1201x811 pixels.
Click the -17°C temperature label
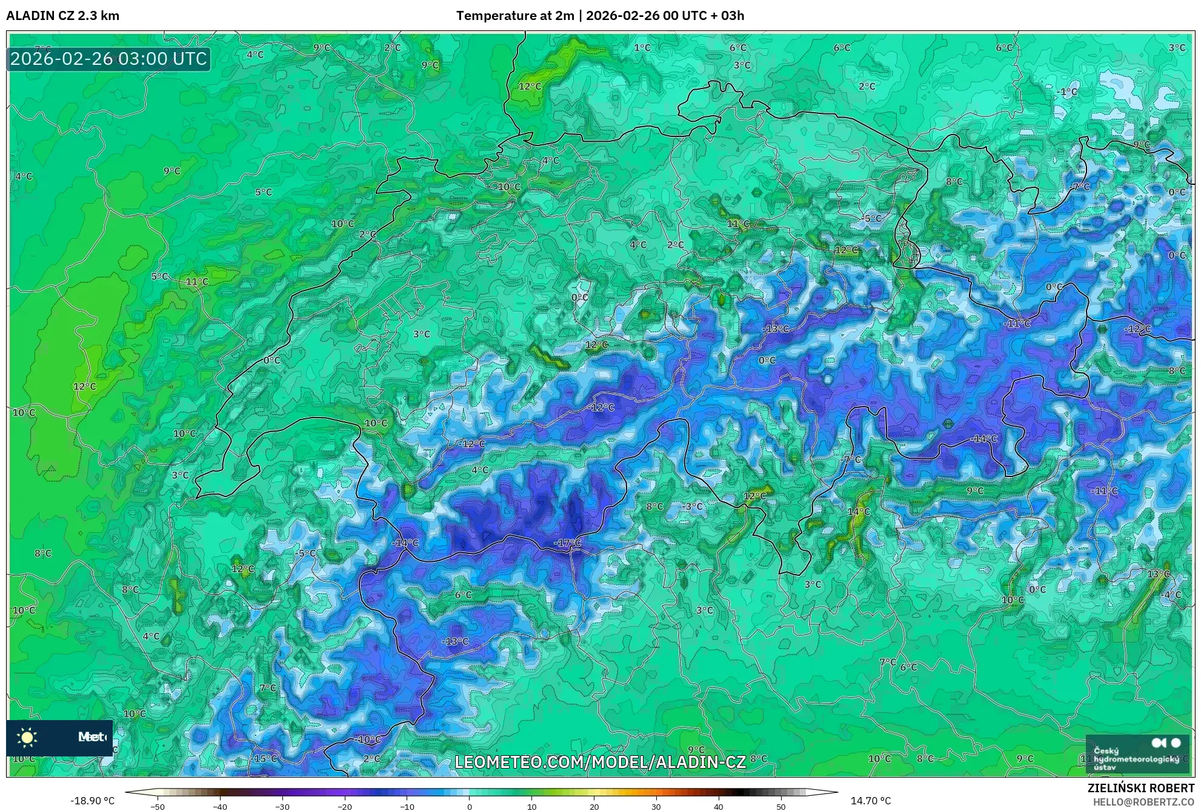coord(567,543)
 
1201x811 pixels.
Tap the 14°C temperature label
coord(859,512)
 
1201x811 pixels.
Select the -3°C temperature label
coord(692,506)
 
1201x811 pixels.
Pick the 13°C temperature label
coord(1158,573)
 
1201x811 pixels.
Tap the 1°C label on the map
coord(642,47)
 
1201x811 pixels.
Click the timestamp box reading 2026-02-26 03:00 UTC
coord(108,59)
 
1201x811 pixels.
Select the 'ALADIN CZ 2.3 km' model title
coord(63,16)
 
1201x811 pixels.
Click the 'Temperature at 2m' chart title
coord(514,16)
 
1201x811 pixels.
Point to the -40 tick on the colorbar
coord(220,806)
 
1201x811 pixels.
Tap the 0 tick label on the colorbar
coord(470,806)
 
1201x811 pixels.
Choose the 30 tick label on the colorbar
coord(656,806)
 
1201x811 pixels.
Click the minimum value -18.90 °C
coord(92,801)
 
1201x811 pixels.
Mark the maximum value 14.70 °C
coord(871,801)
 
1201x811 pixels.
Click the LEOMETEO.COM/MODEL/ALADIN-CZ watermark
coord(600,762)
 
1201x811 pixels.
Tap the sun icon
coord(27,737)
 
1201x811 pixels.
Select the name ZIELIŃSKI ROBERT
coord(1141,788)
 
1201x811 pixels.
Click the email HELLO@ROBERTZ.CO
coord(1143,801)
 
